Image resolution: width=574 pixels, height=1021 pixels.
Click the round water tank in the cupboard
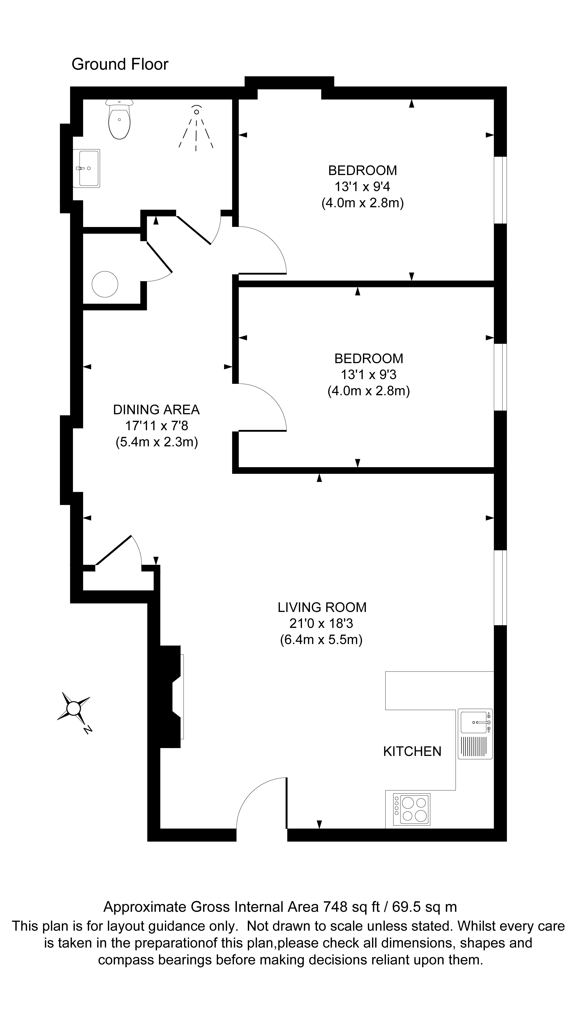tap(105, 284)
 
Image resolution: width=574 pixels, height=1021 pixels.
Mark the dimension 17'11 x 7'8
tap(157, 426)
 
